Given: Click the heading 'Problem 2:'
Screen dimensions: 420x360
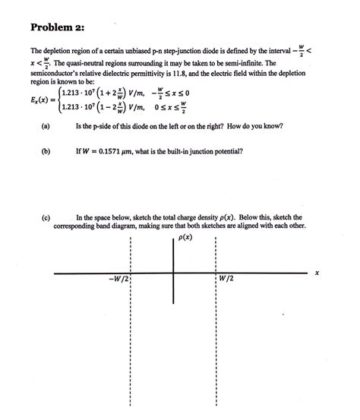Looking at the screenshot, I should point(56,27).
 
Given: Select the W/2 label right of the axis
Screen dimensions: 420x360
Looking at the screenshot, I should point(226,279).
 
